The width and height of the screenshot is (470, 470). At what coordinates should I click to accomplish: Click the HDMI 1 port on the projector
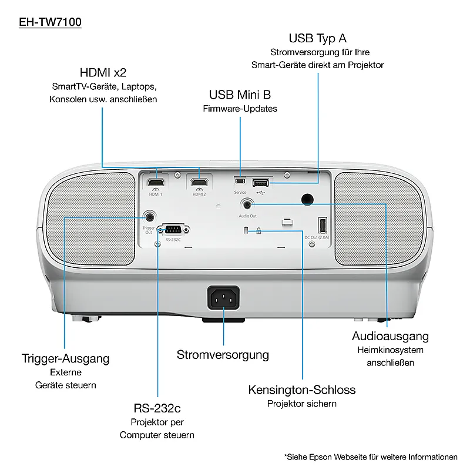point(156,182)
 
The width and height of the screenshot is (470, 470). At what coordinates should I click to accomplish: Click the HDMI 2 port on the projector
point(199,182)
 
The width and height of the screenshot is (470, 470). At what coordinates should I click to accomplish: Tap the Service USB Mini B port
point(240,181)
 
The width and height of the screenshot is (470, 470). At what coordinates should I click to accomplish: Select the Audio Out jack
point(247,205)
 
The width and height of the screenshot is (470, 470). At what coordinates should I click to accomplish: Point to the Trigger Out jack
point(149,216)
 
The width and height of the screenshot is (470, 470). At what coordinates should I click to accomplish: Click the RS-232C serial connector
point(173,230)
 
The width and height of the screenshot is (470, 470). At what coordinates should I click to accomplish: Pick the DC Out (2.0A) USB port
point(323,225)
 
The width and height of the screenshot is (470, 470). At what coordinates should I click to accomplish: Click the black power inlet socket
point(223,298)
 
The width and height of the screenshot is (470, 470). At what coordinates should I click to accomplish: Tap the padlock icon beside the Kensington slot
point(258,231)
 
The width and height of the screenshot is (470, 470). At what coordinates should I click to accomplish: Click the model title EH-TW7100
point(50,22)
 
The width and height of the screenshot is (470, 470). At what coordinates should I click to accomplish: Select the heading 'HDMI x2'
point(103,72)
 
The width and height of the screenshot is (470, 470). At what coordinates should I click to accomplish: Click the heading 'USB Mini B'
point(240,95)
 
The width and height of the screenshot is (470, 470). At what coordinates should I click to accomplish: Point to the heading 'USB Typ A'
point(317,38)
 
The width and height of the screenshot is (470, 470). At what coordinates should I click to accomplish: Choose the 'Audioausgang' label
point(390,336)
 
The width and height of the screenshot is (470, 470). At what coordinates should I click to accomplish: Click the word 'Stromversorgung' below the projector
point(223,355)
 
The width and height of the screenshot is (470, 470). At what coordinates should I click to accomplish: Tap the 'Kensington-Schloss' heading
point(302,390)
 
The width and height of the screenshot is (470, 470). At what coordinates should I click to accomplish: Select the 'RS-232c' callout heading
point(157,408)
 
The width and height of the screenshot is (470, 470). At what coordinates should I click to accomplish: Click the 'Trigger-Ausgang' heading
point(65,359)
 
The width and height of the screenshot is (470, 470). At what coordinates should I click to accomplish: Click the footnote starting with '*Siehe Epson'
point(371,457)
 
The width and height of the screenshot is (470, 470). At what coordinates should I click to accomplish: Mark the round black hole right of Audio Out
point(307,199)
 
